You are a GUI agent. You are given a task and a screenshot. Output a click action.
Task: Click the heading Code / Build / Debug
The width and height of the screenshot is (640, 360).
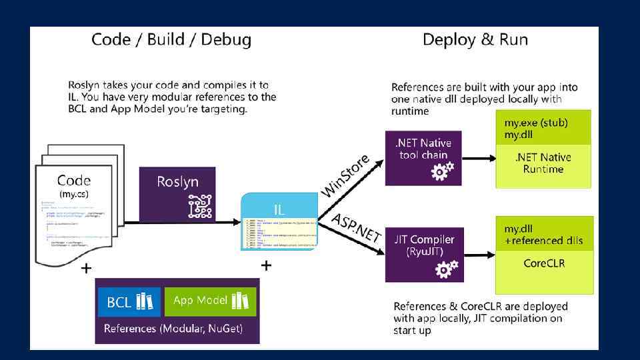[x=171, y=40]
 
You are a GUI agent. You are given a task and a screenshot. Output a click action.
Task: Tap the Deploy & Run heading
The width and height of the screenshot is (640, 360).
[x=475, y=40]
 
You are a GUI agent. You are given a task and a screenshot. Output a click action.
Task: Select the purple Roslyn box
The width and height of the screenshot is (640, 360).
[x=177, y=194]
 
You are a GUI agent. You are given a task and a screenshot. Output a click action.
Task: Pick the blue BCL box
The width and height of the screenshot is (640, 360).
[x=129, y=302]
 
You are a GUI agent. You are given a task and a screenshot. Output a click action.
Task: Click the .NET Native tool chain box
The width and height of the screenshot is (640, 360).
[x=423, y=157]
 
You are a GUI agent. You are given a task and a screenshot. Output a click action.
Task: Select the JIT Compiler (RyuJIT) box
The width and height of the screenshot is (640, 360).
[x=423, y=253]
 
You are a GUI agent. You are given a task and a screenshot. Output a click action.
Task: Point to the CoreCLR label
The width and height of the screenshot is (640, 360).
[x=543, y=263]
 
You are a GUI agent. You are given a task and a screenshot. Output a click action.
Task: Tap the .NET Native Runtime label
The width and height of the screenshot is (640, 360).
[x=543, y=163]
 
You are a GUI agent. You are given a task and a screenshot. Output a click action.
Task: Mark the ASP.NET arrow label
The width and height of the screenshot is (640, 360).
[x=356, y=228]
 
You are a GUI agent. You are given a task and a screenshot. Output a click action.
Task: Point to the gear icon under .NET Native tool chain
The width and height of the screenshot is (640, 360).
[x=443, y=171]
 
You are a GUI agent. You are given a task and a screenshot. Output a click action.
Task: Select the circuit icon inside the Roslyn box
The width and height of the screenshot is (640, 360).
[x=200, y=206]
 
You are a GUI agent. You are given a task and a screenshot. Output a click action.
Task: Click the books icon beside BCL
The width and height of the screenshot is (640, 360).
[x=145, y=302]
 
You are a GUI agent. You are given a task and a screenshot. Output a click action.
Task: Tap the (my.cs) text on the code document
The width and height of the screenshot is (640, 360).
[x=73, y=195]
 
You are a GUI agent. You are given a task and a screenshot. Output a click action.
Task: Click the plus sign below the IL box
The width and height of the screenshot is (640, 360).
[x=266, y=266]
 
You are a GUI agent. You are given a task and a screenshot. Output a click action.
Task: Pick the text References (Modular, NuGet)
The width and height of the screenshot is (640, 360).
[x=173, y=329]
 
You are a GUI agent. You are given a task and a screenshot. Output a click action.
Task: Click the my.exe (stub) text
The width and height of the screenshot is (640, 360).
[x=529, y=123]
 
